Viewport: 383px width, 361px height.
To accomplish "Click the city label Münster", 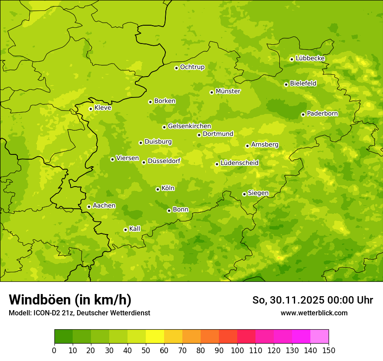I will point(228,91).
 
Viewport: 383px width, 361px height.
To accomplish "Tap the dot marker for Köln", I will point(158,189).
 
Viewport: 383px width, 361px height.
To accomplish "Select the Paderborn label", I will point(322,114).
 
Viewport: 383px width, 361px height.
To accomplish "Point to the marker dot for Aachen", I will point(89,207).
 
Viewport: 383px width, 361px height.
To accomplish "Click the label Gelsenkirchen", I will point(189,126).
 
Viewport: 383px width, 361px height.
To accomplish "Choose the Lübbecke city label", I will point(310,58).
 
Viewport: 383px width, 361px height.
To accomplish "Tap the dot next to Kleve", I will point(91,109).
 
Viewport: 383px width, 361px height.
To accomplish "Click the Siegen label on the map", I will point(258,193).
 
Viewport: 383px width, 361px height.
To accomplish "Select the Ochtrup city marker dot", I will point(176,68).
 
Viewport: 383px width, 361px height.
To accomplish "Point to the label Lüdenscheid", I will point(239,163).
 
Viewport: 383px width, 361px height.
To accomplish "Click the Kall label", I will point(135,229).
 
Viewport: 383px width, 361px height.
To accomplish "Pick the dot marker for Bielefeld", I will point(286,84).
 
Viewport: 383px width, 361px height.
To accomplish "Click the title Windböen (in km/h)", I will point(70,300).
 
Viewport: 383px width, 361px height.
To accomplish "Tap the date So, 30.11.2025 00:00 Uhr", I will point(312,300).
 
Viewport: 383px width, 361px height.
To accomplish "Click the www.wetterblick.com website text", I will point(314,313).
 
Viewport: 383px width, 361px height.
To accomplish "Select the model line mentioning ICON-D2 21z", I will point(79,313).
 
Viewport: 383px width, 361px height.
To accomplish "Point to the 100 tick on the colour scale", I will point(237,350).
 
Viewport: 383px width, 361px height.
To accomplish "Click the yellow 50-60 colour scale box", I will point(155,337).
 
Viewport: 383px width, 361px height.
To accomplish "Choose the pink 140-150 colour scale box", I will point(319,337).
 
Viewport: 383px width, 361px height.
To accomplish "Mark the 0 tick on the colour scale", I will point(54,350).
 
